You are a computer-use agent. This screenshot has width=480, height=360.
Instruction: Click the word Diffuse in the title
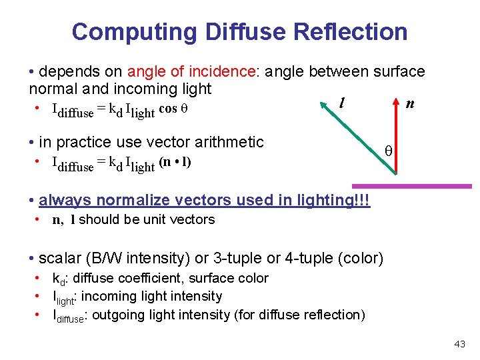[234, 31]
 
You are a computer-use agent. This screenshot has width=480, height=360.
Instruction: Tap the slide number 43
[459, 344]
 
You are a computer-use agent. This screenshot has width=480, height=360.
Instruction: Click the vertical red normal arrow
[396, 143]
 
